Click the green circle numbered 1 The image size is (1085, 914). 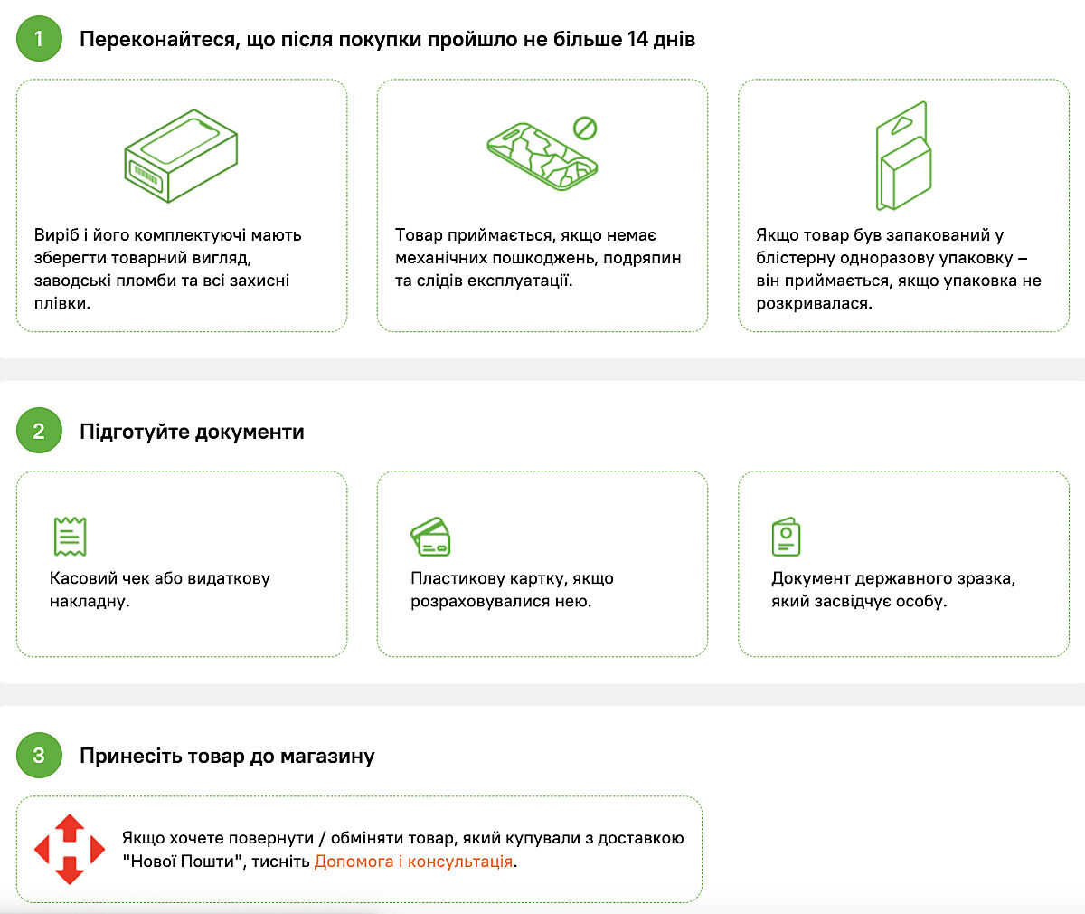[x=39, y=39]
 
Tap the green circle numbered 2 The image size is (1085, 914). [x=39, y=430]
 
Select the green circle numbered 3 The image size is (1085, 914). [x=39, y=755]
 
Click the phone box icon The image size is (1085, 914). [x=181, y=156]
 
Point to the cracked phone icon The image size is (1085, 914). [x=542, y=156]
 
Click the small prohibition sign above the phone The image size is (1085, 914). [x=585, y=128]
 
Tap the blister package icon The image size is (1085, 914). [x=903, y=156]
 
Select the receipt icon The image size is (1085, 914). [x=71, y=537]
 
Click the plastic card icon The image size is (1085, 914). [x=430, y=537]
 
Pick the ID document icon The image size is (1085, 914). [x=786, y=537]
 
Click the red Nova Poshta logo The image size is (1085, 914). [x=70, y=849]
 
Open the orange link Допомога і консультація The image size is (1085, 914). [x=413, y=862]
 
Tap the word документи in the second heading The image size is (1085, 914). [x=250, y=433]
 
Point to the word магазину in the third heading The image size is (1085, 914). [x=327, y=757]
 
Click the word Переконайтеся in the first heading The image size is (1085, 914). [x=160, y=40]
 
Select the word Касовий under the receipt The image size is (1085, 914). [x=83, y=578]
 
